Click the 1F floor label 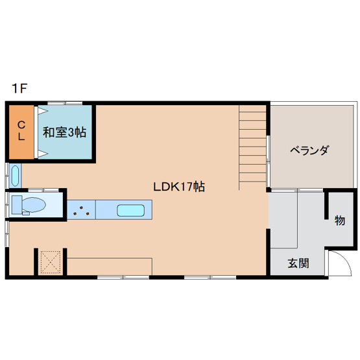(18, 88)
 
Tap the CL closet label (21, 131)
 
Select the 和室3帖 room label (64, 132)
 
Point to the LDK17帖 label (180, 187)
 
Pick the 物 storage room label (339, 221)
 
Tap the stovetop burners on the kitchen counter (82, 210)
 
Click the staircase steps (252, 146)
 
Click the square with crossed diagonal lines (50, 262)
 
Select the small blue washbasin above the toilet (16, 175)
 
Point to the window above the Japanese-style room (65, 102)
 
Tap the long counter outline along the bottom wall (110, 266)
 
